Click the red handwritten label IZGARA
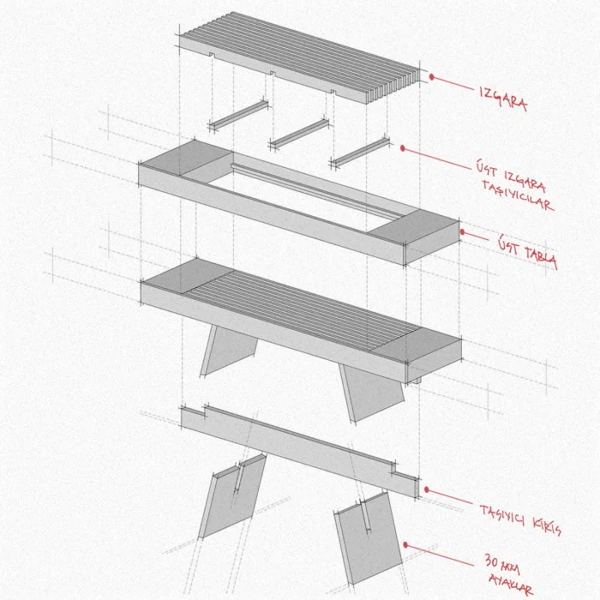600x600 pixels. pyautogui.click(x=503, y=99)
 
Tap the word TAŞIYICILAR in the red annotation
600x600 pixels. pyautogui.click(x=518, y=195)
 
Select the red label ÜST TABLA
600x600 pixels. pyautogui.click(x=527, y=253)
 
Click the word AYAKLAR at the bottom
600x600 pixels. pyautogui.click(x=511, y=584)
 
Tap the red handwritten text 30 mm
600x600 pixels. pyautogui.click(x=502, y=564)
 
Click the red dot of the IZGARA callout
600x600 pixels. pyautogui.click(x=432, y=77)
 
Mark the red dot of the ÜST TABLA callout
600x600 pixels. pyautogui.click(x=462, y=232)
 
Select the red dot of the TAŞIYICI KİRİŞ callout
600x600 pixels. pyautogui.click(x=427, y=489)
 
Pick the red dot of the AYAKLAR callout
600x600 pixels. pyautogui.click(x=405, y=545)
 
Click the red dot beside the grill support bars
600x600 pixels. pyautogui.click(x=403, y=148)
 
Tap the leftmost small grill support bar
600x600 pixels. pyautogui.click(x=238, y=114)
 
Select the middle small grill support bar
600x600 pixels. pyautogui.click(x=299, y=133)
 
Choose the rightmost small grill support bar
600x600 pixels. pyautogui.click(x=360, y=153)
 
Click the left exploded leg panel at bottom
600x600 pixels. pyautogui.click(x=232, y=496)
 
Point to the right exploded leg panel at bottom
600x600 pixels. pyautogui.click(x=369, y=537)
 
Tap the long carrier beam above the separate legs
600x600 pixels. pyautogui.click(x=300, y=452)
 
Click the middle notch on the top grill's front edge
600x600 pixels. pyautogui.click(x=273, y=73)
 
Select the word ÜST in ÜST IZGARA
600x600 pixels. pyautogui.click(x=487, y=169)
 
